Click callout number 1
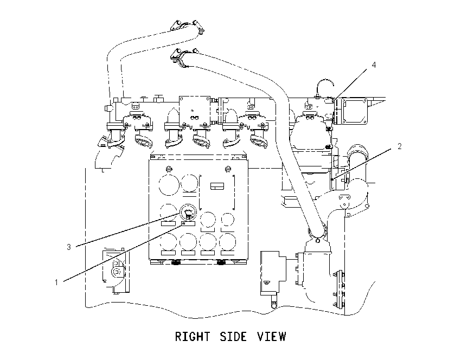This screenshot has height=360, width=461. click(x=56, y=282)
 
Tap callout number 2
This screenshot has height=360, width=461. click(x=400, y=146)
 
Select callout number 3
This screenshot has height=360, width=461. click(x=69, y=247)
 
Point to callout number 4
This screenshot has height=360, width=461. click(x=374, y=65)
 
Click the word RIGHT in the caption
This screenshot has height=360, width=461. click(x=193, y=337)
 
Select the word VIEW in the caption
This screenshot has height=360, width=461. click(x=271, y=337)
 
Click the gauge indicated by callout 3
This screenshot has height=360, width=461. click(x=188, y=212)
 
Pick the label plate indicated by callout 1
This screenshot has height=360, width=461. click(x=188, y=224)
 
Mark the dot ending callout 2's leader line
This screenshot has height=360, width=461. click(x=332, y=179)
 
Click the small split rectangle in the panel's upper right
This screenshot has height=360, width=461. click(x=217, y=186)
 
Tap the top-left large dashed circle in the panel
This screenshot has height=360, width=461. click(x=169, y=185)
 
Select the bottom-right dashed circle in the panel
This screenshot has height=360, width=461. click(x=228, y=242)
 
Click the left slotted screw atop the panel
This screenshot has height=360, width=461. click(x=169, y=169)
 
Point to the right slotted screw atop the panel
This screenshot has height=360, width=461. click(x=227, y=169)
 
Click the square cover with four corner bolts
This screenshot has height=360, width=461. click(x=354, y=111)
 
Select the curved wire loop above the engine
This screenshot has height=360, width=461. click(x=324, y=85)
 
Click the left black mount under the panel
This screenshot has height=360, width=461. click(x=176, y=262)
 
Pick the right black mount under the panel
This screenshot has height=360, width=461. click(x=221, y=262)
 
